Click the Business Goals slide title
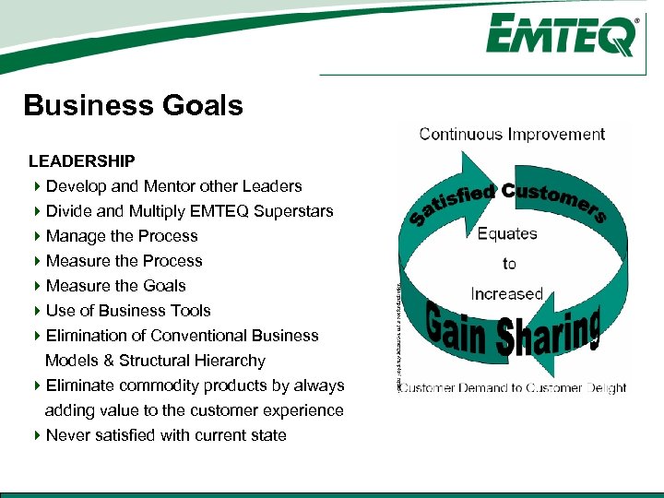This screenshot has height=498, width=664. click(x=134, y=106)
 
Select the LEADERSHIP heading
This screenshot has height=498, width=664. click(x=82, y=161)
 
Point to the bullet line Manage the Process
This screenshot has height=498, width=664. click(x=122, y=236)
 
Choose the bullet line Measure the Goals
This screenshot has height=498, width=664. click(x=115, y=286)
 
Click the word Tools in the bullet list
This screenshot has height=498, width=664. click(x=190, y=311)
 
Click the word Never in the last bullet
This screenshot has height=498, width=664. click(x=67, y=435)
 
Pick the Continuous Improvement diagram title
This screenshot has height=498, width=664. click(x=512, y=135)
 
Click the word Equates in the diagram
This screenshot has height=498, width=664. click(x=507, y=233)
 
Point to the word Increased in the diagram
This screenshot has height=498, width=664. click(x=507, y=294)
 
